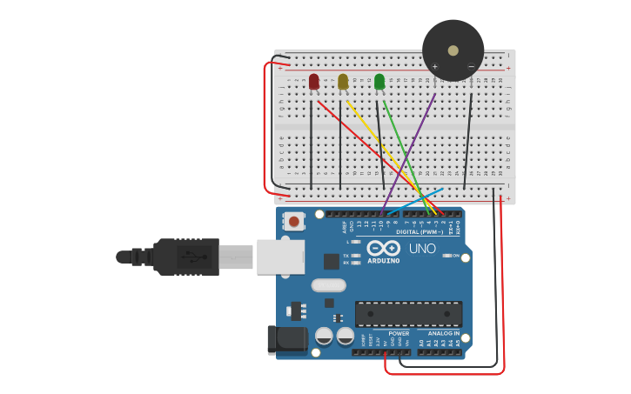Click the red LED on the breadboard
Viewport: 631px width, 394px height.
(314, 82)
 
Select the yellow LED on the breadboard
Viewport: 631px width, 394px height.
(343, 82)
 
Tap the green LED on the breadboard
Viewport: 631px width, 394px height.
(379, 82)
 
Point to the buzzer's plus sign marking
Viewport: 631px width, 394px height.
(435, 67)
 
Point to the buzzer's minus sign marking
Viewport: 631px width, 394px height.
(471, 67)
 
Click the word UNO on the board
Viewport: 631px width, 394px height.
(422, 250)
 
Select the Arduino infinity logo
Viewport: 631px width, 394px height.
(383, 249)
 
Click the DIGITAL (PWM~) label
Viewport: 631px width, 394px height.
(420, 232)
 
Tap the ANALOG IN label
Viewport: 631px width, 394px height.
(443, 333)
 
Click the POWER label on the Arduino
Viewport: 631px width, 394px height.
(399, 333)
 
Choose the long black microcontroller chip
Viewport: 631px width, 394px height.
(408, 314)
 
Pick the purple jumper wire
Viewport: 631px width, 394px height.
(409, 152)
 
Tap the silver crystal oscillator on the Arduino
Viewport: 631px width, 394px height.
(328, 285)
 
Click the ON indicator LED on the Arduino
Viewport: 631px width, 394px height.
(448, 256)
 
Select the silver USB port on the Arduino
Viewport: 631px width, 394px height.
(279, 257)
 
